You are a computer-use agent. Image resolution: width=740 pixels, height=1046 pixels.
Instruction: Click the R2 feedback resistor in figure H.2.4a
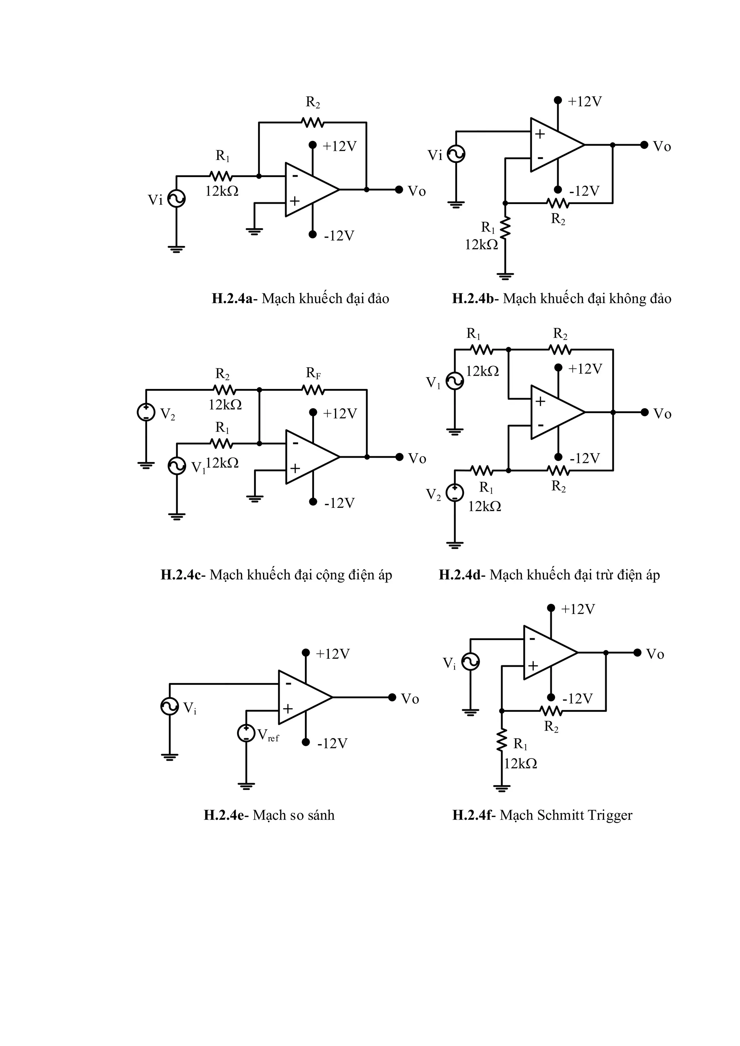tap(312, 122)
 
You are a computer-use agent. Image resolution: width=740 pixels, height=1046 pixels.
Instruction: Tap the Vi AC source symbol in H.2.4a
tap(176, 199)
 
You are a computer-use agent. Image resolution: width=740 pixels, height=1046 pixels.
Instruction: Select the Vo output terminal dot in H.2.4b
tap(644, 145)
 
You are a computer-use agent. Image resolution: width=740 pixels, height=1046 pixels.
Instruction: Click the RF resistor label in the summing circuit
tap(313, 373)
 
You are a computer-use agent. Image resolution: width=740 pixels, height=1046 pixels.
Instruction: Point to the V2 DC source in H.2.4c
tap(146, 412)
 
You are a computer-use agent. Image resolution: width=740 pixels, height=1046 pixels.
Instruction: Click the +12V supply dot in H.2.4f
tap(551, 608)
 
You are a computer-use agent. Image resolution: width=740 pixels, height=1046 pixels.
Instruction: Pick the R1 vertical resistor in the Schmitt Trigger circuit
tap(501, 740)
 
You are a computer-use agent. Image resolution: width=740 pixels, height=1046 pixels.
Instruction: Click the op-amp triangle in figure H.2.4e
tap(303, 697)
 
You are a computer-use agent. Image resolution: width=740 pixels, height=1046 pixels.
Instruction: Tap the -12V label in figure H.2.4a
tap(339, 236)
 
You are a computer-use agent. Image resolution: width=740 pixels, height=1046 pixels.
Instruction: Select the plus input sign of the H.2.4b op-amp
tap(540, 134)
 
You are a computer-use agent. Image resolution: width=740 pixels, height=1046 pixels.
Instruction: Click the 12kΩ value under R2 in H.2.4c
tap(225, 405)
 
